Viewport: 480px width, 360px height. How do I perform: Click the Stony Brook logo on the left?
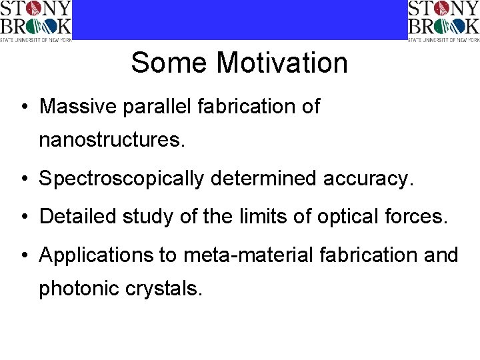35,21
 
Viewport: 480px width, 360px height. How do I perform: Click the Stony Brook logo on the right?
443,21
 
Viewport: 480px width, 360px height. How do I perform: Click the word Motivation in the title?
282,63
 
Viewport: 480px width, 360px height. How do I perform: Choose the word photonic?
76,289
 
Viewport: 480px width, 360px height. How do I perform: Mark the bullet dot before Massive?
23,107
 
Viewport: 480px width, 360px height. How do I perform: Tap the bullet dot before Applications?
23,255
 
